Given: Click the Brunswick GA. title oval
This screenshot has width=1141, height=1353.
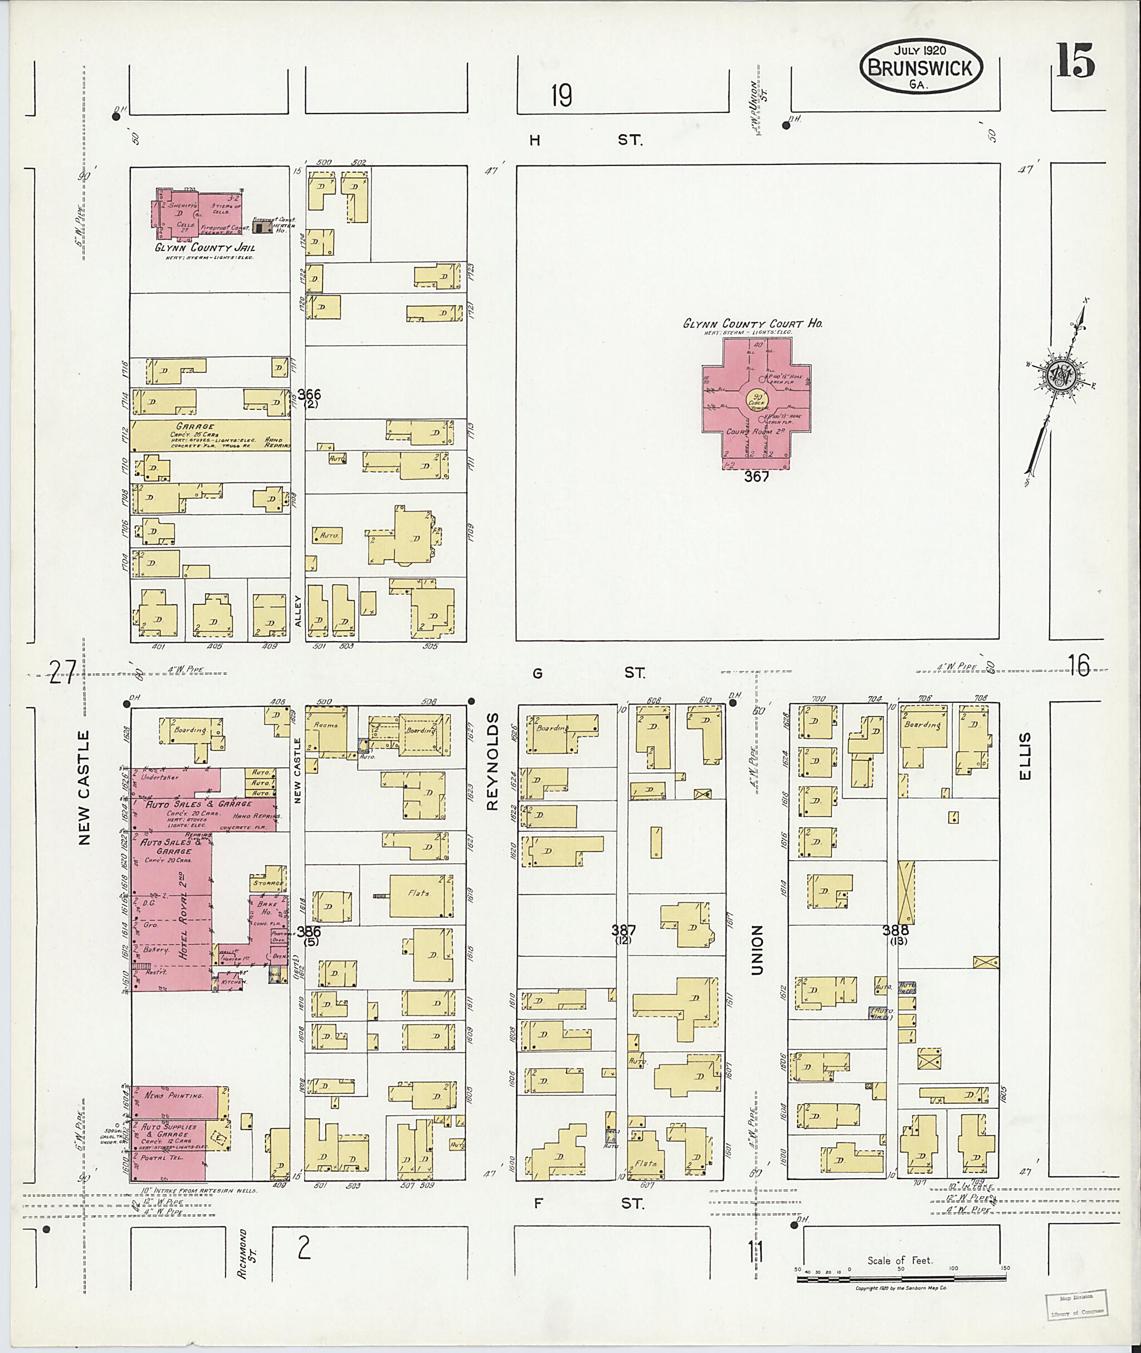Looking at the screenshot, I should (x=920, y=67).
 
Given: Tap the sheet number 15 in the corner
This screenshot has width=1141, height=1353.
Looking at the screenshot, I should (x=1075, y=60).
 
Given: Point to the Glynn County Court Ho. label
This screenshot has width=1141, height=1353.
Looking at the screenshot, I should (x=753, y=324).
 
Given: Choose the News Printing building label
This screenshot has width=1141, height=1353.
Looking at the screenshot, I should (x=174, y=1096).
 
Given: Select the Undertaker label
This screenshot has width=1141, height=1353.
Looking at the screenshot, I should (x=159, y=778).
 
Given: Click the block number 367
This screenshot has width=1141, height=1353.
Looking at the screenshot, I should (x=756, y=477).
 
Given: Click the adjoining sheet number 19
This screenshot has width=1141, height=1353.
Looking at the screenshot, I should (x=562, y=96).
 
